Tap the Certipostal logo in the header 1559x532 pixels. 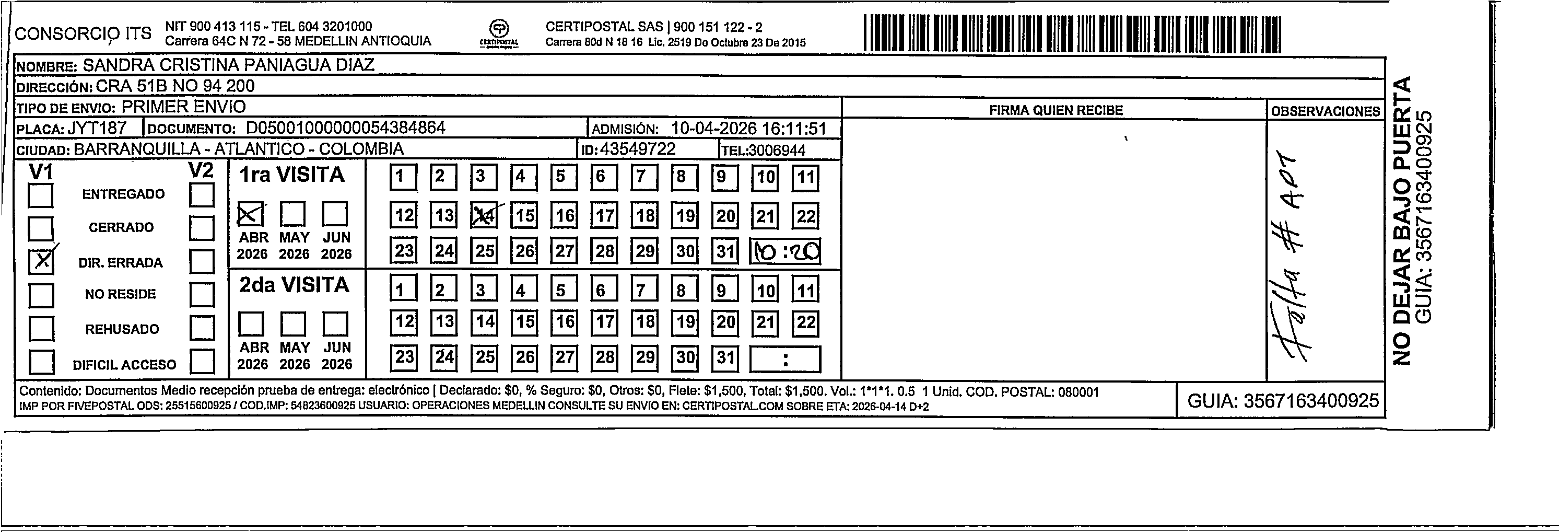499,33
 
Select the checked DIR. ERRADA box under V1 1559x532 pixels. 41,261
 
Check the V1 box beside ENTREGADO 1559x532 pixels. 41,195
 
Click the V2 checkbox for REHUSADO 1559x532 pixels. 202,329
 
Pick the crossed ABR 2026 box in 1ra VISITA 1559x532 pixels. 251,214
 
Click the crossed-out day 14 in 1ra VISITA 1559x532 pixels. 484,215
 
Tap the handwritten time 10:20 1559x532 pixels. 785,251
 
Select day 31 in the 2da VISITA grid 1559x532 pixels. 725,357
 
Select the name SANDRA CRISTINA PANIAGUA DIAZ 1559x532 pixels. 228,65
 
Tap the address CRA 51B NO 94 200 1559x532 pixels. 175,86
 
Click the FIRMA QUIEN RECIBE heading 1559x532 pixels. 1056,110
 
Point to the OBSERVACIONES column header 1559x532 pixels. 1325,111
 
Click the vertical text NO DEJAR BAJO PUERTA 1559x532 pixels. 1402,221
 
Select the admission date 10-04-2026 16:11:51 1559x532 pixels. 748,129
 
